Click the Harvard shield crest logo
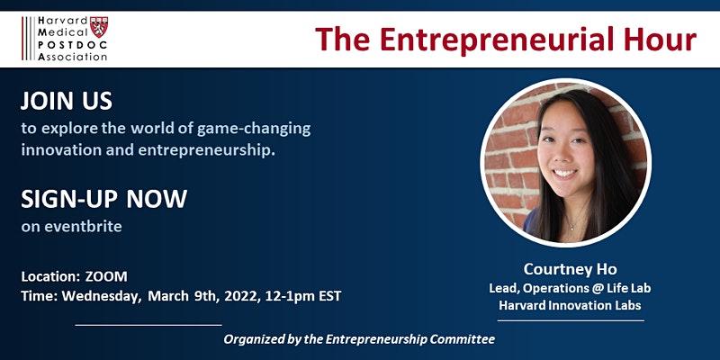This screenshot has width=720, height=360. [x=99, y=27]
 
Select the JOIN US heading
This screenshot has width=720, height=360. [x=67, y=101]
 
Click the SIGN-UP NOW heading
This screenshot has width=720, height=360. [x=103, y=199]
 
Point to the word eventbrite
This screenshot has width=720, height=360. [x=83, y=227]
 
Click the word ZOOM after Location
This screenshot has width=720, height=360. [x=106, y=276]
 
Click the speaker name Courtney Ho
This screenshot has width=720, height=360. [x=571, y=269]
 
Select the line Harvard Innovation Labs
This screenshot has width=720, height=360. [x=570, y=305]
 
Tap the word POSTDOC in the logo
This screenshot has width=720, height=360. [x=73, y=45]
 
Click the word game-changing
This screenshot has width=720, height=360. [x=254, y=130]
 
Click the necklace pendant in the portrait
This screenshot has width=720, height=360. [x=571, y=227]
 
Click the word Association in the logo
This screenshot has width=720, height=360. [x=73, y=57]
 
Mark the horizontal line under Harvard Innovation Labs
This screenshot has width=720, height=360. [x=571, y=320]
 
